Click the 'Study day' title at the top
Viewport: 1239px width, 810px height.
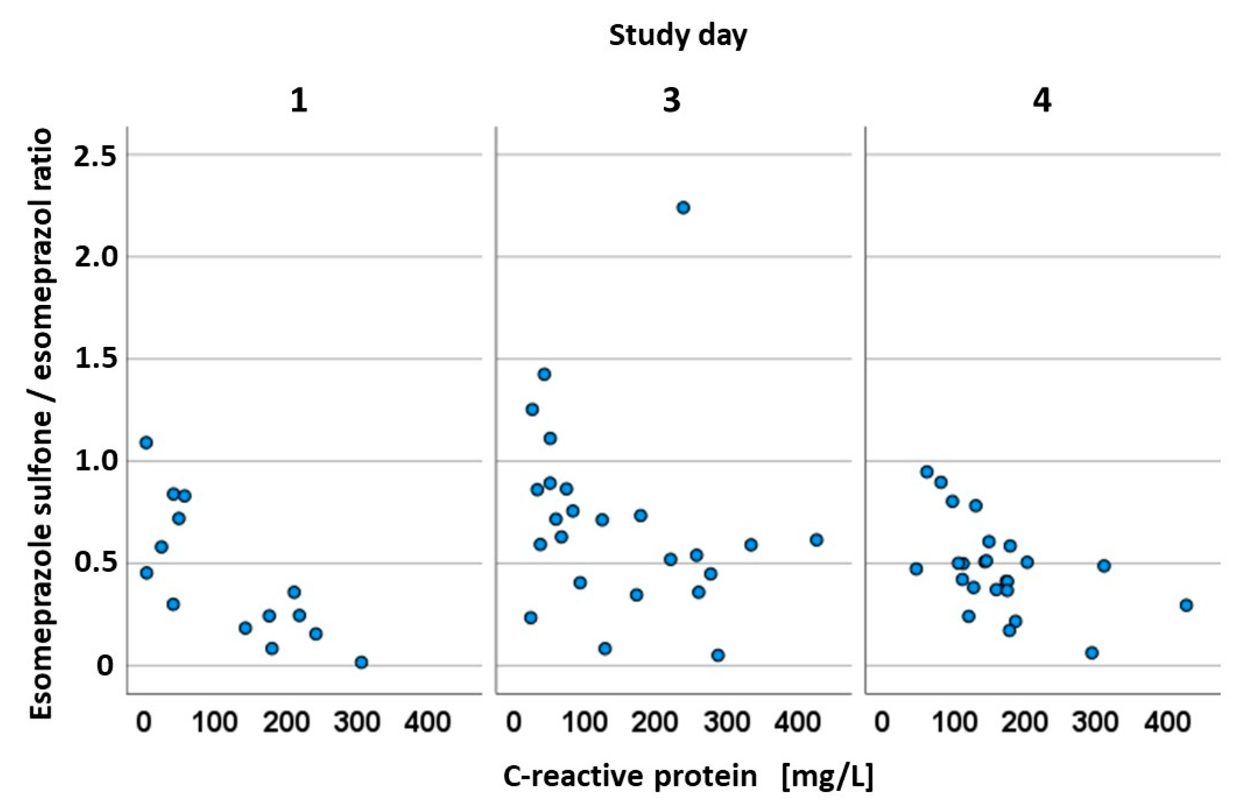(x=678, y=36)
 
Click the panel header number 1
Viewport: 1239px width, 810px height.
(x=299, y=100)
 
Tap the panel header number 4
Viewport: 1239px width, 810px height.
(x=1042, y=100)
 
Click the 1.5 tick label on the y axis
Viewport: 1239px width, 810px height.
(x=95, y=360)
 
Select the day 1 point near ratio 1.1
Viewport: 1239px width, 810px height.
(x=146, y=442)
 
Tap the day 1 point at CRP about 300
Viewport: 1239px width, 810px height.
(x=361, y=662)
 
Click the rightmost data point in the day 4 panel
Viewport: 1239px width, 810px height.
(x=1186, y=605)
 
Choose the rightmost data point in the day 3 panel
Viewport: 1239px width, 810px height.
(x=816, y=540)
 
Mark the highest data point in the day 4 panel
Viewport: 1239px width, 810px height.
(x=927, y=471)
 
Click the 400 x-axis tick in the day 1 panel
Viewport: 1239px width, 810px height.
(x=427, y=723)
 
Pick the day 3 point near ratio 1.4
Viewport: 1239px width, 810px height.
(x=544, y=374)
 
